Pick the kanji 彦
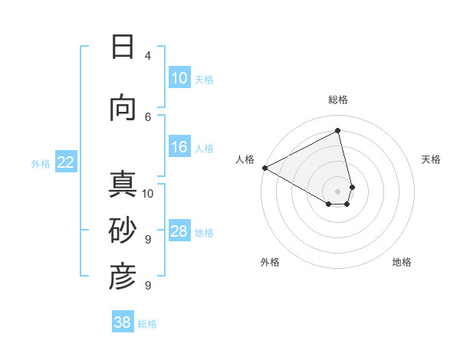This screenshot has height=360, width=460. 123,277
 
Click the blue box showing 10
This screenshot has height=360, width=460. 179,78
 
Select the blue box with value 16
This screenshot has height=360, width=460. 179,148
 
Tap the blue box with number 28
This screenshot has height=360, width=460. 179,232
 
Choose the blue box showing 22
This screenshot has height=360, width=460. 65,162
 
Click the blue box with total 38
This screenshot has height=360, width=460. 123,323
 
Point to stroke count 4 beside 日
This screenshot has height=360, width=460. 148,56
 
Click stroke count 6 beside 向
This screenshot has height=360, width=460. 148,117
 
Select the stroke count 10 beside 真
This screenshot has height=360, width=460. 148,193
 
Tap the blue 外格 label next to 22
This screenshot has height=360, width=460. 41,163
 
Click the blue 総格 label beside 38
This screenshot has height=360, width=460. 147,324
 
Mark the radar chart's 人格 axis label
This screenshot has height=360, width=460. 245,159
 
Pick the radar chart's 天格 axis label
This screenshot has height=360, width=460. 431,159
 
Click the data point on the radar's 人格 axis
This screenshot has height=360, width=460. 264,168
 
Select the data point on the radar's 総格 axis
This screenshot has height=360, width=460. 337,131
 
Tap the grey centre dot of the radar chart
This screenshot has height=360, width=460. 337,191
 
